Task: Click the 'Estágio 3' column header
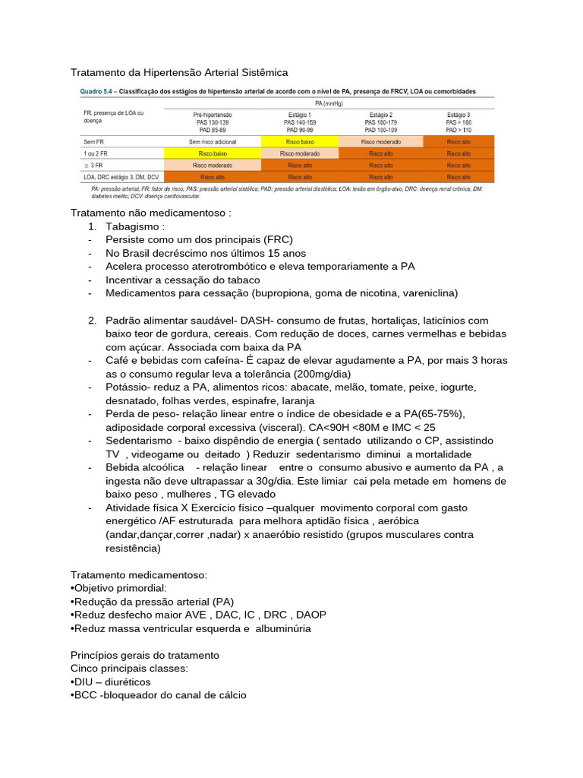pyautogui.click(x=459, y=114)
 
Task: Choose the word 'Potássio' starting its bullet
pyautogui.click(x=126, y=387)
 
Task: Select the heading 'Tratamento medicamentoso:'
pyautogui.click(x=138, y=574)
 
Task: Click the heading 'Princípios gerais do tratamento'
pyautogui.click(x=145, y=655)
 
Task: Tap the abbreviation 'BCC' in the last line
pyautogui.click(x=87, y=695)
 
